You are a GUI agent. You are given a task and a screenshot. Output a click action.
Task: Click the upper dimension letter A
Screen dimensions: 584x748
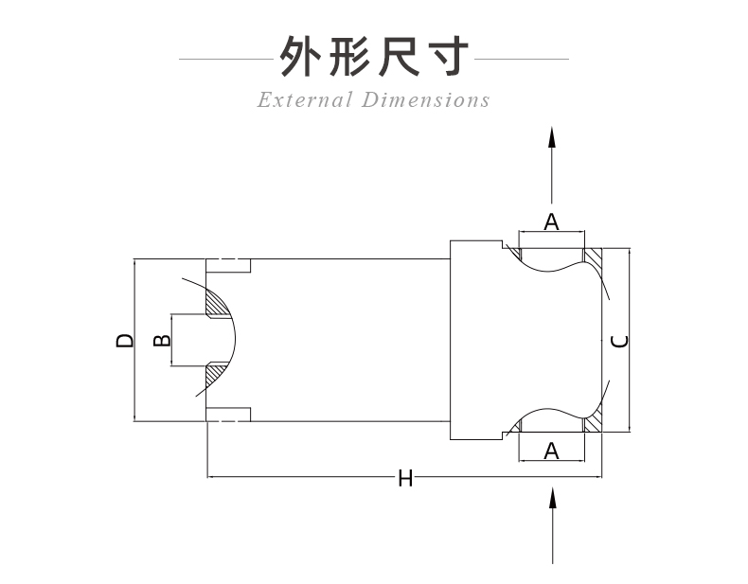(x=552, y=222)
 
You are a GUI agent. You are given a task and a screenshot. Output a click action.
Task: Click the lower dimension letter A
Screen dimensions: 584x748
(x=552, y=451)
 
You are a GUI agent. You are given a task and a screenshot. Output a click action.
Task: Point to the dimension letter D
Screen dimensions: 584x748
(x=124, y=340)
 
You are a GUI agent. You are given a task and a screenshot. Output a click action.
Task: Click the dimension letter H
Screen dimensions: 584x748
(x=405, y=479)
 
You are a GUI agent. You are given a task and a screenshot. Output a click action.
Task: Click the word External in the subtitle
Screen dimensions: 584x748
(x=304, y=99)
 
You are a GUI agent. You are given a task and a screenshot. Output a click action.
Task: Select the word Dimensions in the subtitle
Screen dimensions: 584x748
(x=426, y=99)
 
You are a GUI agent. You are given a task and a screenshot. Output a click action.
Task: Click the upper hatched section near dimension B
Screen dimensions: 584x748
(x=219, y=303)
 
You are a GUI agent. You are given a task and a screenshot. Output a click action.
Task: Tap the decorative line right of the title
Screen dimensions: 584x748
(x=521, y=60)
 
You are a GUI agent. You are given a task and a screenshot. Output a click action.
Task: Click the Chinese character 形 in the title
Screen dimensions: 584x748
(x=348, y=58)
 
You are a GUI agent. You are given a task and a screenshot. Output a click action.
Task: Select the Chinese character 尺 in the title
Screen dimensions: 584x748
(x=399, y=58)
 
